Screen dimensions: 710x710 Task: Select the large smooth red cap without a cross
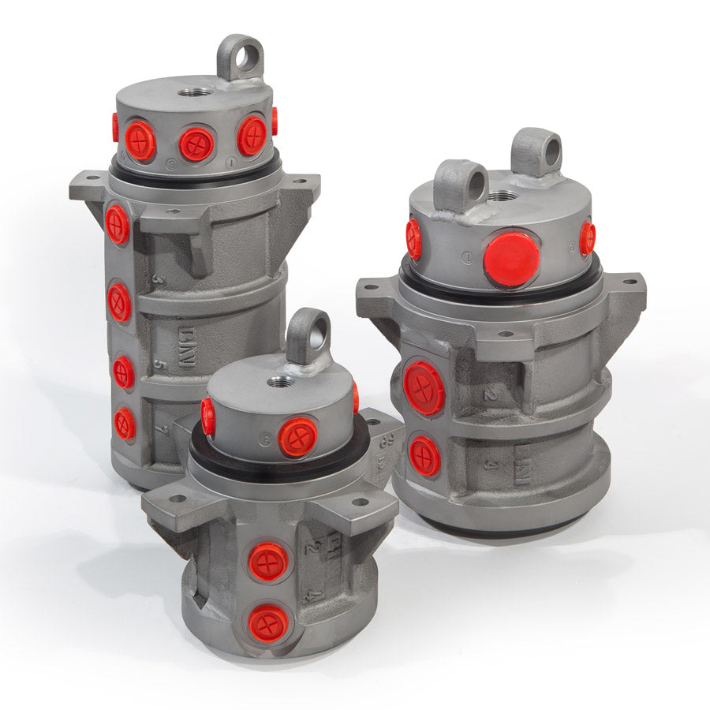point(511,259)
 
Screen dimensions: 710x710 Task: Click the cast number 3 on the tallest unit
point(159,278)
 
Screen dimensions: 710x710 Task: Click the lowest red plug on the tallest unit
point(125,424)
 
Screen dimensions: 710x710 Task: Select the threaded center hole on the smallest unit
point(281,382)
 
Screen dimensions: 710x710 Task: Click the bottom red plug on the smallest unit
point(268,623)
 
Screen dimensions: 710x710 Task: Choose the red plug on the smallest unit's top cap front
point(297,436)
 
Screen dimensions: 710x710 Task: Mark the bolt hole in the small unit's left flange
point(176,498)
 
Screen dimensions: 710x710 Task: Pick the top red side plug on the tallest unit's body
point(118,224)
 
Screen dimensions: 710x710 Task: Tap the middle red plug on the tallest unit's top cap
point(196,144)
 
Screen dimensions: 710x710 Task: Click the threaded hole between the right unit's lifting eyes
point(502,194)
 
